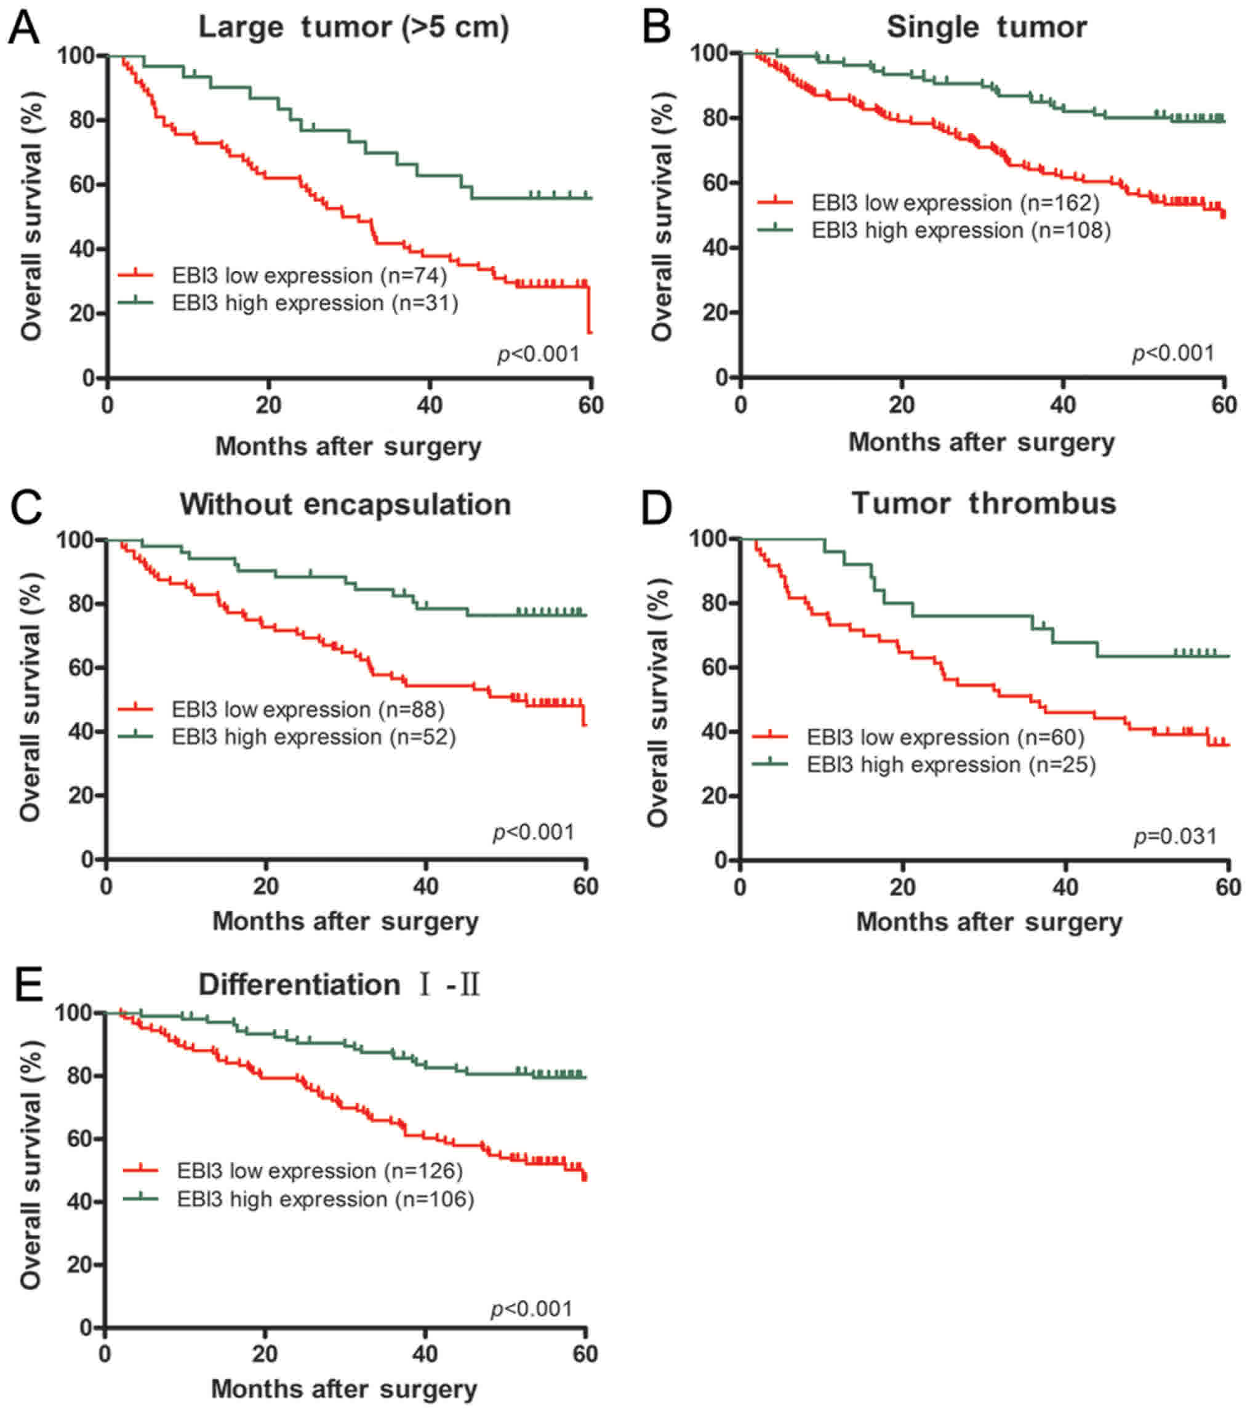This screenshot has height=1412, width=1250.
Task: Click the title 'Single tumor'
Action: [x=986, y=28]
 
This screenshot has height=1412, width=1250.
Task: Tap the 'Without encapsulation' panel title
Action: [x=345, y=504]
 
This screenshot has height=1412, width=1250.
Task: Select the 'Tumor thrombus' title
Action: [x=984, y=503]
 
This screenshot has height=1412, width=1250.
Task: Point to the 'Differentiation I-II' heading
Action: [x=339, y=984]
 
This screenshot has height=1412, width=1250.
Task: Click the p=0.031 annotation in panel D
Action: [x=1176, y=836]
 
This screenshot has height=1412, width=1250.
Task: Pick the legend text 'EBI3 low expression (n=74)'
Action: [x=310, y=276]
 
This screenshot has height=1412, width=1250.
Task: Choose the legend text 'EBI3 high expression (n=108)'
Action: [x=961, y=230]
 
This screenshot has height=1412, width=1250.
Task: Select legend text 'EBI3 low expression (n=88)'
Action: [x=308, y=710]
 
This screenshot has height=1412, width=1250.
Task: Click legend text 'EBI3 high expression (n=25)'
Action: [x=951, y=764]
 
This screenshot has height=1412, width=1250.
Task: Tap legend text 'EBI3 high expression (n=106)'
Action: [x=326, y=1198]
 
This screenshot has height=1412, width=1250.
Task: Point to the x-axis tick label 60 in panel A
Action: [x=590, y=406]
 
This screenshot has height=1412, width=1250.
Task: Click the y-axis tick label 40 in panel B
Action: [x=715, y=248]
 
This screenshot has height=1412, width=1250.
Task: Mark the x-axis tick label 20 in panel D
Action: [x=903, y=887]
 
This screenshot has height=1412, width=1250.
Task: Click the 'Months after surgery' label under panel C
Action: [x=345, y=921]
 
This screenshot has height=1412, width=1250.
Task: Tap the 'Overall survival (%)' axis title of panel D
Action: [x=657, y=702]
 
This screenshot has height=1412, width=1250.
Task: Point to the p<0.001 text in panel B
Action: [x=1172, y=353]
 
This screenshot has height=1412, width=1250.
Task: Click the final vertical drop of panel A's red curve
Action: [x=589, y=311]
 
